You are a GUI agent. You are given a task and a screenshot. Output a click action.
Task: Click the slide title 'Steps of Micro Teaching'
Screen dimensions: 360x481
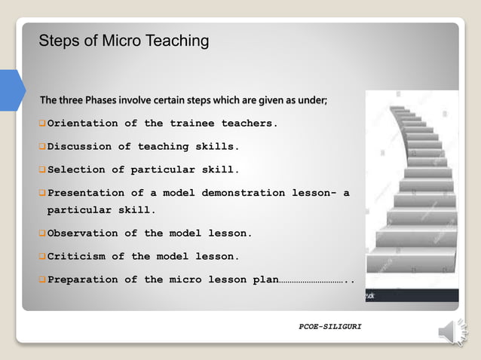click(124, 41)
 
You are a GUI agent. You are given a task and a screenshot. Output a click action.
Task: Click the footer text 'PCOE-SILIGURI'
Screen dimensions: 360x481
click(330, 328)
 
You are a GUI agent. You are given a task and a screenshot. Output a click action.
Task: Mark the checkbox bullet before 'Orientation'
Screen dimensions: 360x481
click(42, 123)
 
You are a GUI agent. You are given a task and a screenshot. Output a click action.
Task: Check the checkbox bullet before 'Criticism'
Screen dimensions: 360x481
click(42, 256)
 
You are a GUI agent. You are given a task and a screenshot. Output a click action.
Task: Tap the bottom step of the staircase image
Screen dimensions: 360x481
click(412, 261)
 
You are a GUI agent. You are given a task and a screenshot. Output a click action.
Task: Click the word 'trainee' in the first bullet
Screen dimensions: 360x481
click(191, 123)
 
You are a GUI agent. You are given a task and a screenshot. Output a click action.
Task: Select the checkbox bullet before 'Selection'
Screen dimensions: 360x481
click(42, 169)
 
